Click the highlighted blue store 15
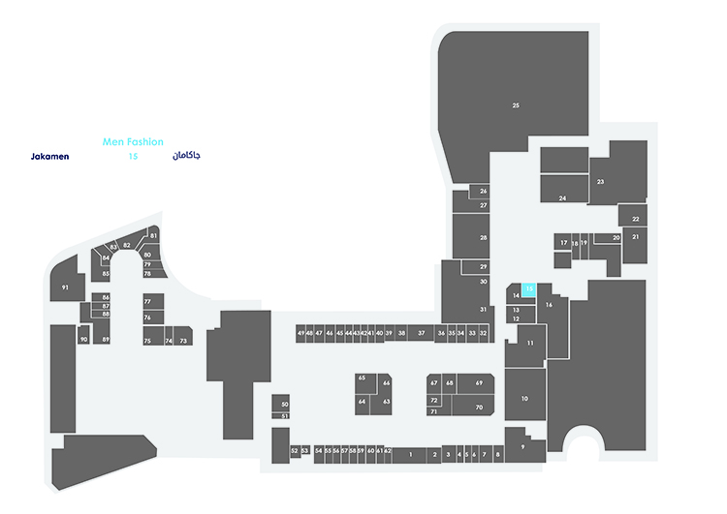click(529, 287)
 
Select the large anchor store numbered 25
click(516, 105)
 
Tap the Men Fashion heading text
click(133, 141)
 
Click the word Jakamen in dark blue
click(50, 156)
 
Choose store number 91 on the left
click(65, 287)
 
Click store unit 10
click(523, 399)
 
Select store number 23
click(601, 181)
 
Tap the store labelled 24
click(562, 197)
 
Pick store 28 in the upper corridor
click(483, 237)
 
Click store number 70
click(478, 408)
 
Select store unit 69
click(478, 383)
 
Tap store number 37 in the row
click(422, 333)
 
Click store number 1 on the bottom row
click(411, 453)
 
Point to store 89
click(106, 339)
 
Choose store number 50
click(284, 404)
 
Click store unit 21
click(636, 236)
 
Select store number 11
click(530, 343)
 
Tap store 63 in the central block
click(386, 401)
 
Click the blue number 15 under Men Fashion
click(133, 156)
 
